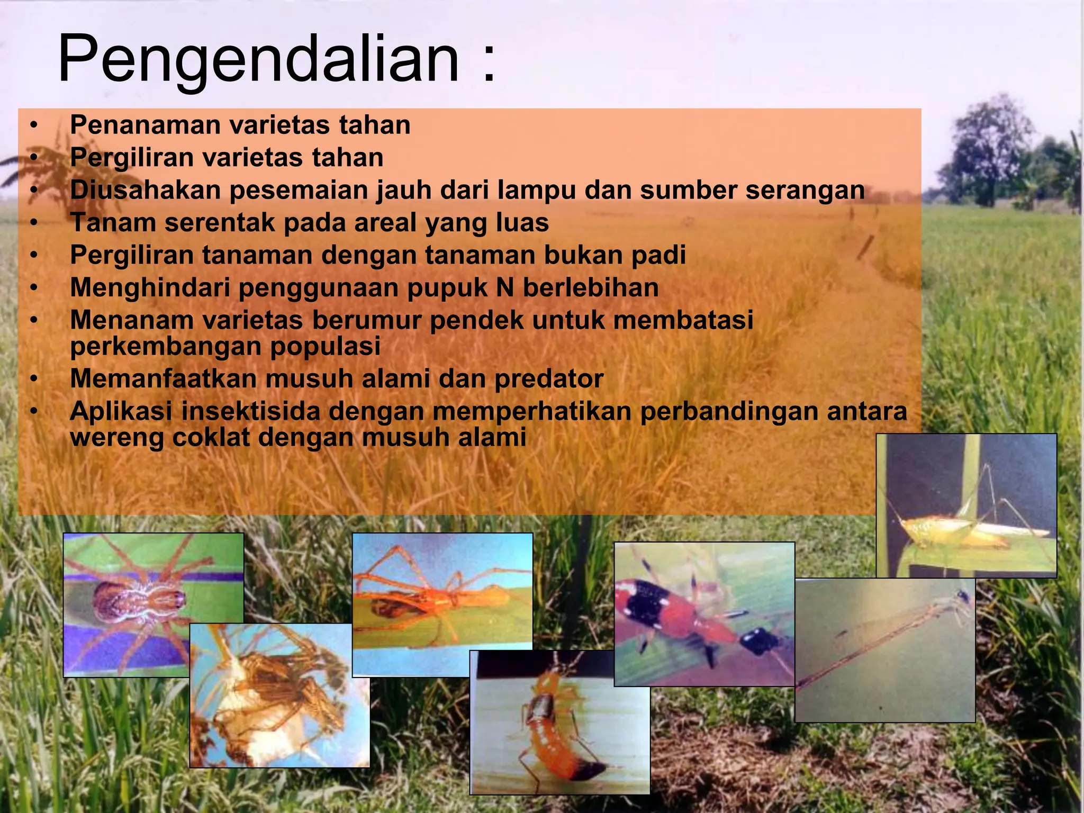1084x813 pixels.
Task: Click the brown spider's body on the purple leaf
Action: point(140,601)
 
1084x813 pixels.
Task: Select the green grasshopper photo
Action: point(966,505)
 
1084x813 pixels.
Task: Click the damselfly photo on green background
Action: point(884,651)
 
